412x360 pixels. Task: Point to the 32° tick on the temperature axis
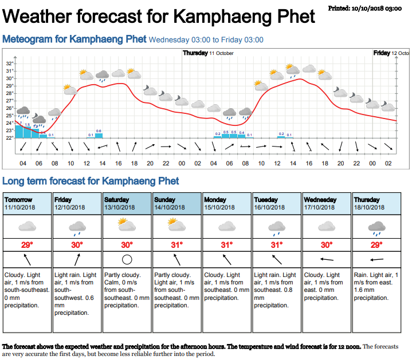click(x=9, y=64)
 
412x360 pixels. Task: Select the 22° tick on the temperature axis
click(x=9, y=138)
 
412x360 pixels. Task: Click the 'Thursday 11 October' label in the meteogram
click(x=208, y=53)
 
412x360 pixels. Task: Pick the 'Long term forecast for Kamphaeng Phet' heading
click(x=91, y=181)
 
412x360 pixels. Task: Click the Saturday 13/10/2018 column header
click(x=127, y=203)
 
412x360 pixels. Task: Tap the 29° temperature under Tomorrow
click(x=26, y=245)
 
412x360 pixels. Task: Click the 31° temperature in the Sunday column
click(x=176, y=245)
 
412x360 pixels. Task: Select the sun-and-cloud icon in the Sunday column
click(x=176, y=226)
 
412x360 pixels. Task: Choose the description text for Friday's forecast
click(x=76, y=294)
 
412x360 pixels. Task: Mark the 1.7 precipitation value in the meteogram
click(x=19, y=122)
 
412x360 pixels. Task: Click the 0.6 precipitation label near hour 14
click(x=99, y=131)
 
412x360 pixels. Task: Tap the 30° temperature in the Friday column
click(x=77, y=245)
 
